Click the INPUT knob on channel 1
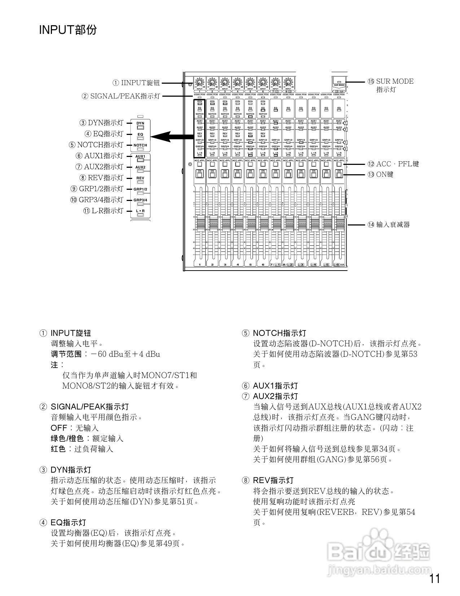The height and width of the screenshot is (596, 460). coord(200,82)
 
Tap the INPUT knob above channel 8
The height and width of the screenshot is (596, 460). coord(288,82)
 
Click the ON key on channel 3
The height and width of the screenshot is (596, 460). coord(225,174)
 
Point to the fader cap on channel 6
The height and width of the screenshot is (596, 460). coord(263,223)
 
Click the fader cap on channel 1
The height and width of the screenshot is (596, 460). coord(200,223)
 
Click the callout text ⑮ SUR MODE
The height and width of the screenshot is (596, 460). coord(391,82)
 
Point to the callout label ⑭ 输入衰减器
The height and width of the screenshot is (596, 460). coord(389,225)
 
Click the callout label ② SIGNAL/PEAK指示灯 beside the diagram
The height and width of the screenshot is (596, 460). coord(121,96)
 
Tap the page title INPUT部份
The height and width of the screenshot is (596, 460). coord(68,30)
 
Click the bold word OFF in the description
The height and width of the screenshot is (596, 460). coord(59,428)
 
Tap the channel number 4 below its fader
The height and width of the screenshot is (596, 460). coord(237,265)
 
